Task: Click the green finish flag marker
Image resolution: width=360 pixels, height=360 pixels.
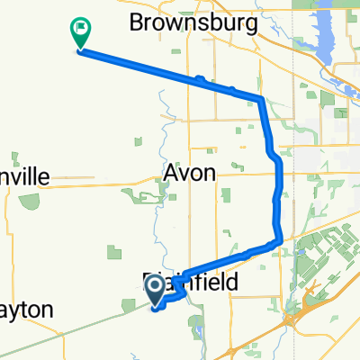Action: point(79,33)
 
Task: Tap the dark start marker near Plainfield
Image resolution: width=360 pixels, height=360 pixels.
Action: point(155,288)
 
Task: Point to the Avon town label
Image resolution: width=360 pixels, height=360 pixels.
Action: point(190,173)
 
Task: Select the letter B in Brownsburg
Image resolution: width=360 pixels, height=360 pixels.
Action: point(136,21)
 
